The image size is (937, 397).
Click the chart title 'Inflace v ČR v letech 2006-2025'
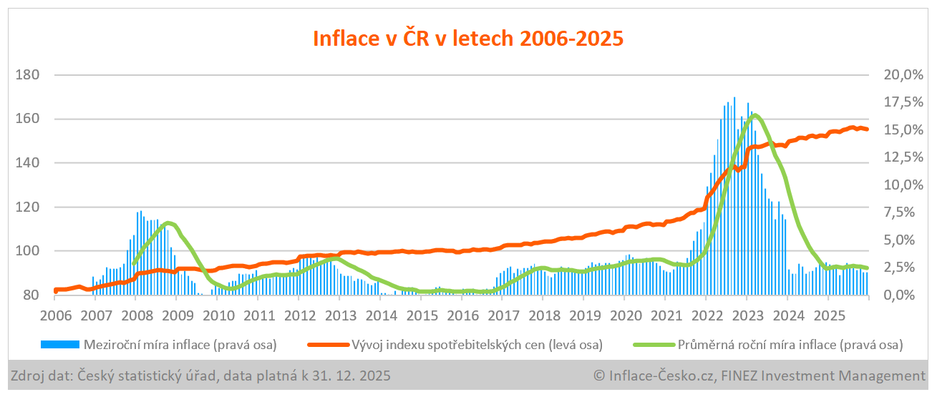pyautogui.click(x=468, y=38)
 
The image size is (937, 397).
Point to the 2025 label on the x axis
pyautogui.click(x=830, y=315)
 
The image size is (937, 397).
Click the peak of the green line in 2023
pyautogui.click(x=754, y=115)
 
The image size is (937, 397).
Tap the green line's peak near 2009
pyautogui.click(x=168, y=223)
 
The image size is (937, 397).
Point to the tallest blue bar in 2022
pyautogui.click(x=734, y=98)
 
